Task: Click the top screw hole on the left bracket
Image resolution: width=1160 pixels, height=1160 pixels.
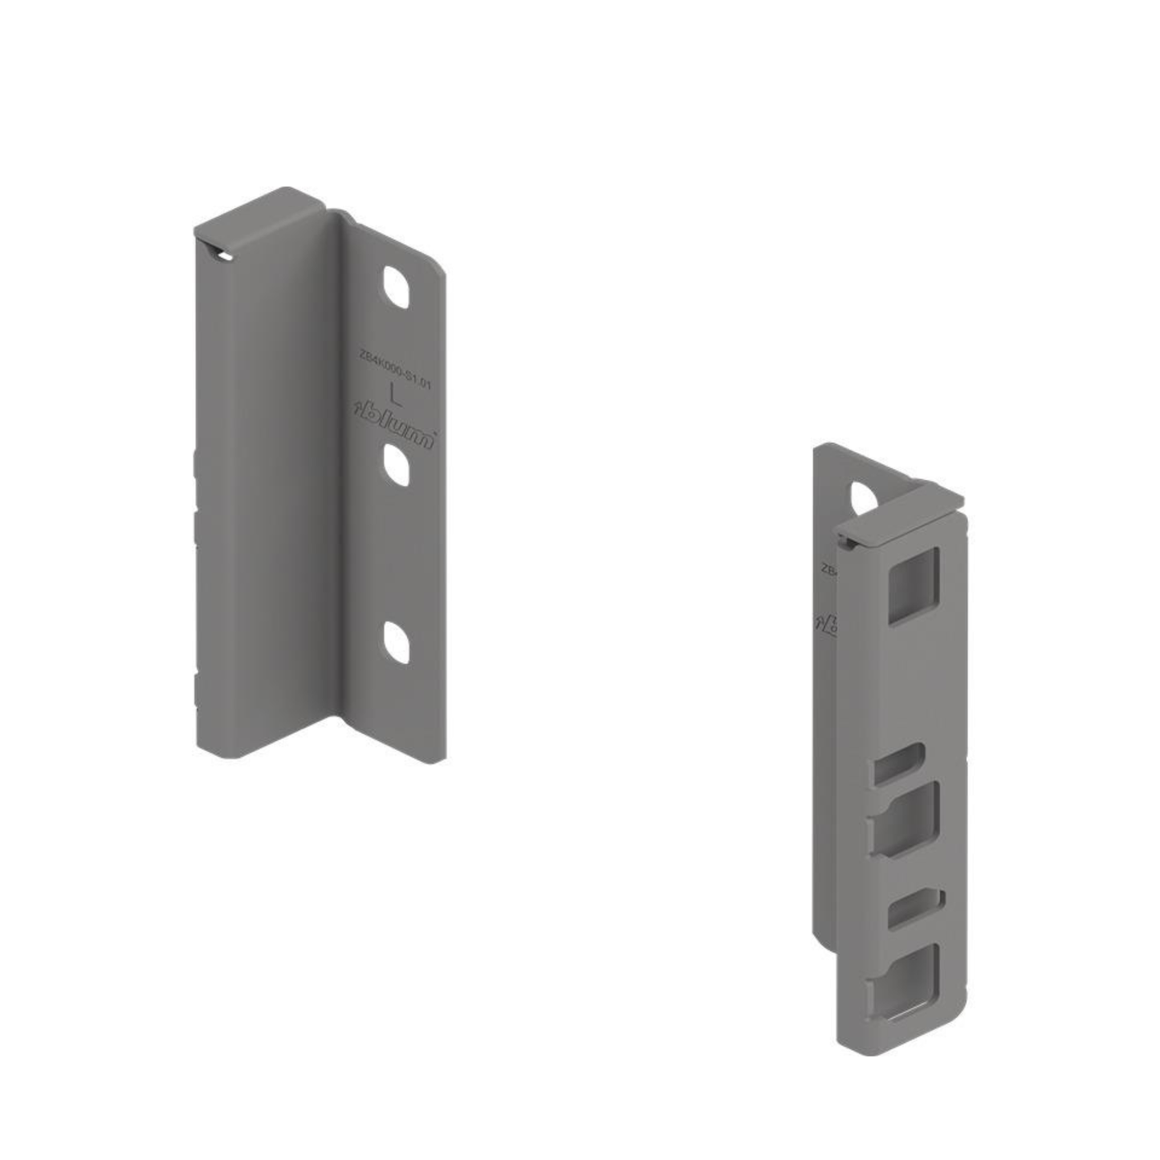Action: tap(395, 287)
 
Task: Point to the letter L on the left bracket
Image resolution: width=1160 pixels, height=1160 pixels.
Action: tap(394, 394)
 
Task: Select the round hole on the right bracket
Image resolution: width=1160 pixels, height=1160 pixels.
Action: tap(865, 499)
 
